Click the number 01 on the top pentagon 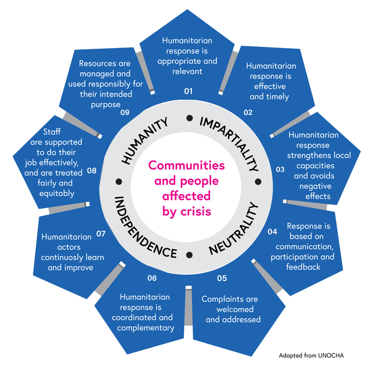coord(188,91)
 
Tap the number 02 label coord(248,112)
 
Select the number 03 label coord(280,169)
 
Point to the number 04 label coord(273,232)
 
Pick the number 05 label coord(222,279)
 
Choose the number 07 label coord(101,234)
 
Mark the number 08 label coord(92,170)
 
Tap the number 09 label coord(125,112)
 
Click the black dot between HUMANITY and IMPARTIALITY coord(189,119)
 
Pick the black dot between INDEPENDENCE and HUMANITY coord(119,181)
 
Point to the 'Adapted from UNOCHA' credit coord(312,356)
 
